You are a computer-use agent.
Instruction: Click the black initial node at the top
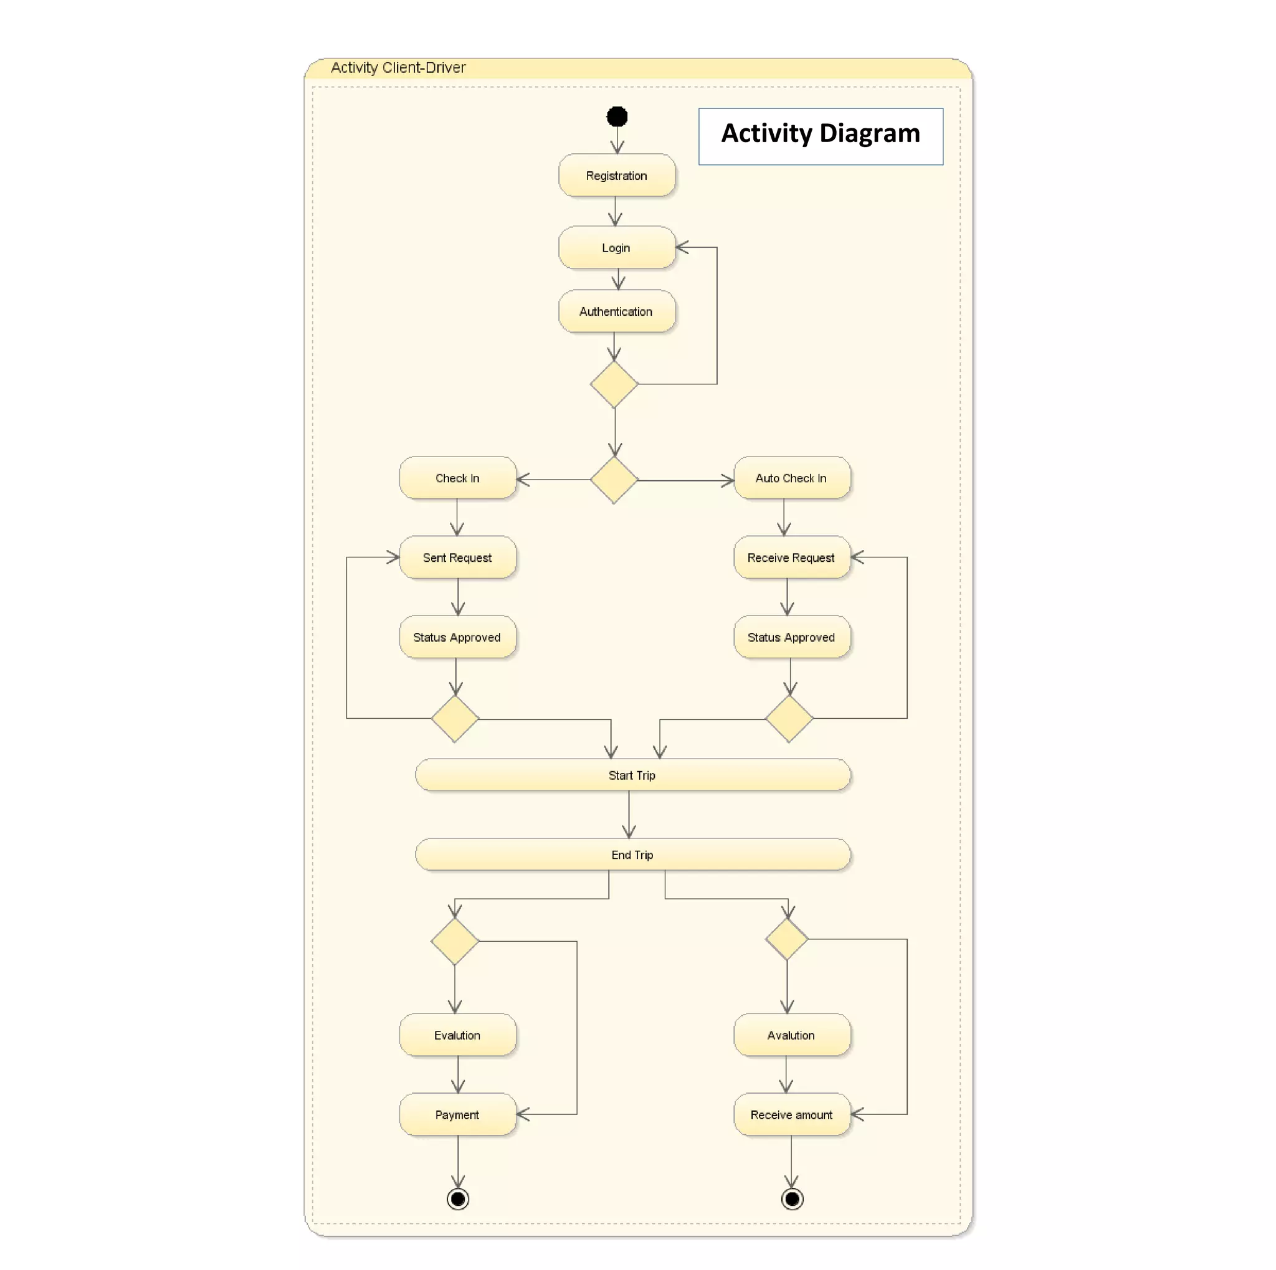pos(616,117)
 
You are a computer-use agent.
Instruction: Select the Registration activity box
pos(616,175)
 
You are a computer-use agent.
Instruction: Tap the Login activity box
pos(616,247)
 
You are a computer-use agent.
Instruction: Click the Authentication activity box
pos(616,311)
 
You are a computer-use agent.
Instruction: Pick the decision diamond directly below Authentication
pos(614,384)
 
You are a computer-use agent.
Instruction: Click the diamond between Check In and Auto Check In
pos(614,480)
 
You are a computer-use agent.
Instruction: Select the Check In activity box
pos(457,478)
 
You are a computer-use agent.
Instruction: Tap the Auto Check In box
pos(791,478)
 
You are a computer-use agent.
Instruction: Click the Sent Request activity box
pos(457,558)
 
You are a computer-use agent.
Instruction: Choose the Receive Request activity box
pos(791,558)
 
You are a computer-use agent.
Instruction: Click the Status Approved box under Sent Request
pos(457,637)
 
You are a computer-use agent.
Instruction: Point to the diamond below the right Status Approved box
pos(789,718)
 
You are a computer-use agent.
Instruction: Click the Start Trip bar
pos(632,775)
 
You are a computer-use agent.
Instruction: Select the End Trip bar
pos(632,855)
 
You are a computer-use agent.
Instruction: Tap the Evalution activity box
pos(457,1035)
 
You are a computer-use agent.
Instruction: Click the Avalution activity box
pos(791,1035)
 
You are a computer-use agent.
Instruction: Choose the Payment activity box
pos(457,1115)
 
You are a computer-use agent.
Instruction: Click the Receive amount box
pos(791,1115)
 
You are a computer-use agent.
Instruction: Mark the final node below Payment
pos(458,1199)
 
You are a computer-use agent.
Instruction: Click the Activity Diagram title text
pos(821,134)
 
